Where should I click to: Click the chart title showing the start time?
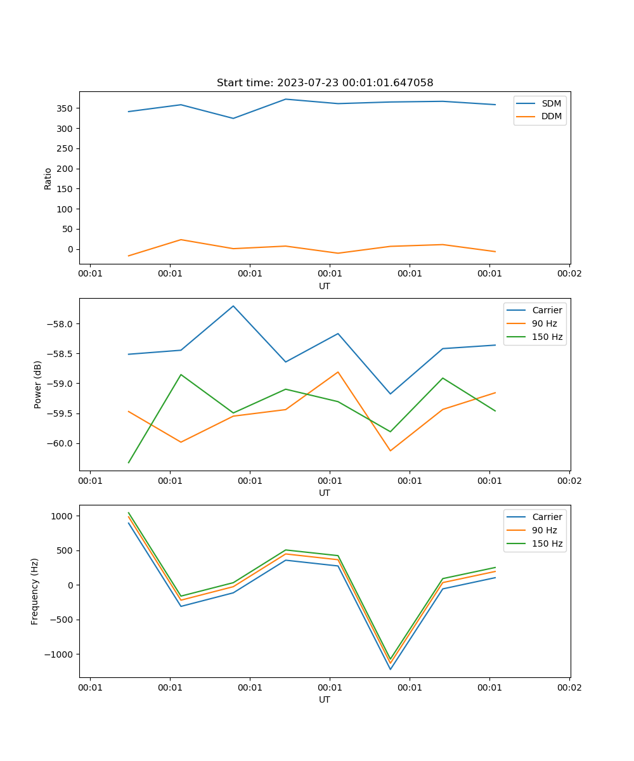pyautogui.click(x=325, y=83)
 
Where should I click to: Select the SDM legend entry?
pyautogui.click(x=551, y=103)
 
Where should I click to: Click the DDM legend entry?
pyautogui.click(x=551, y=117)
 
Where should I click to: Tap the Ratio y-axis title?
pyautogui.click(x=48, y=178)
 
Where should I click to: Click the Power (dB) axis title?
pyautogui.click(x=38, y=384)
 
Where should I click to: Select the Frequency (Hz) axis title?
pyautogui.click(x=35, y=591)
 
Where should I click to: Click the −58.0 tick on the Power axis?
pyautogui.click(x=61, y=324)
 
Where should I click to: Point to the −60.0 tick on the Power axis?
pyautogui.click(x=61, y=443)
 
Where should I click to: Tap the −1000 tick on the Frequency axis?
pyautogui.click(x=61, y=654)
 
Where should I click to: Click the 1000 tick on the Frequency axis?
pyautogui.click(x=63, y=516)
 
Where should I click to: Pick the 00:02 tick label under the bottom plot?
pyautogui.click(x=569, y=687)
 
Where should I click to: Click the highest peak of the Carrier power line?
pyautogui.click(x=233, y=306)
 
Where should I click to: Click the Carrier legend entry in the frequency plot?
pyautogui.click(x=547, y=517)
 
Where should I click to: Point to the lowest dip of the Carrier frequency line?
pyautogui.click(x=391, y=669)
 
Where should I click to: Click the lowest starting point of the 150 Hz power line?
pyautogui.click(x=129, y=462)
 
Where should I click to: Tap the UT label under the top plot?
pyautogui.click(x=325, y=286)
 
